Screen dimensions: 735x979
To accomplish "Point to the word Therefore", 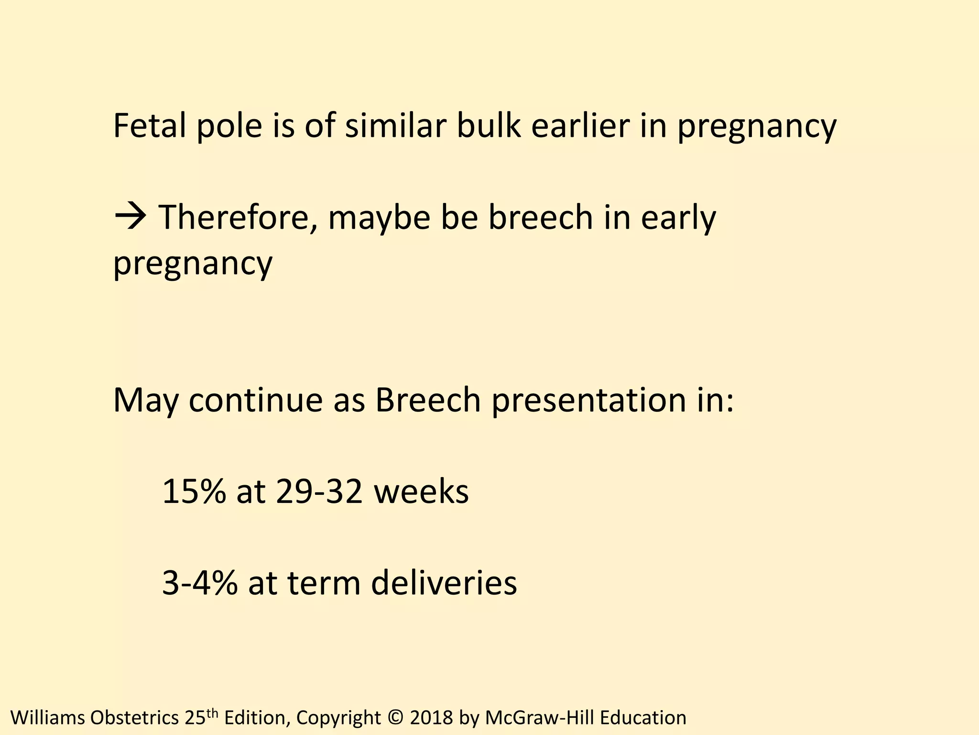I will click(x=238, y=218).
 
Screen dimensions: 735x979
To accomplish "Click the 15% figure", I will click(x=194, y=492).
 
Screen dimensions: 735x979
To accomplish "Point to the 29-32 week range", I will click(x=319, y=492).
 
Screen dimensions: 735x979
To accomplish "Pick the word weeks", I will click(x=421, y=492).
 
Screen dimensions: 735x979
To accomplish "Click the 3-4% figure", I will click(x=200, y=583).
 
